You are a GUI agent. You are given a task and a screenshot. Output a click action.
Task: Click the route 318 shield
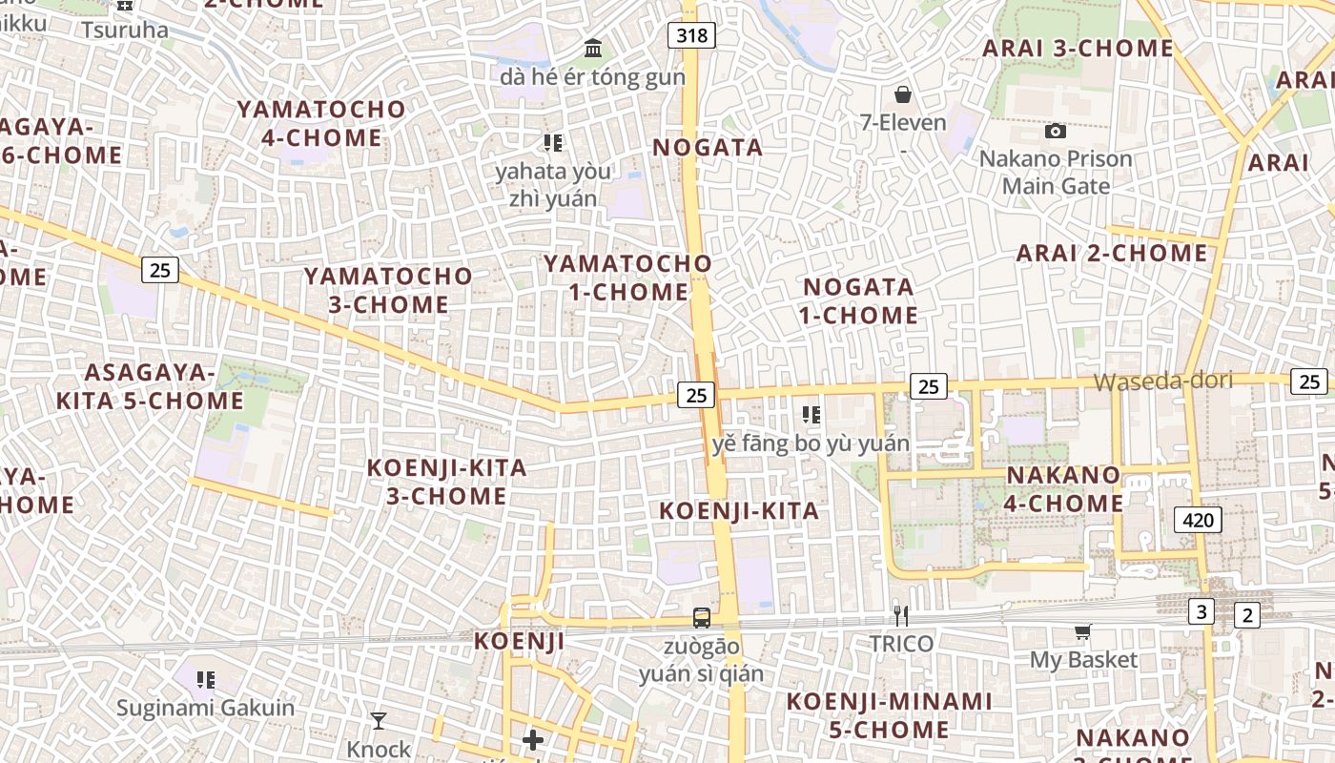tap(692, 36)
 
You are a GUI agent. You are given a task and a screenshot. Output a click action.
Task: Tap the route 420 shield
tap(1198, 520)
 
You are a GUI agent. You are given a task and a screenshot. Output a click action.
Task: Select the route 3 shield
tap(1201, 612)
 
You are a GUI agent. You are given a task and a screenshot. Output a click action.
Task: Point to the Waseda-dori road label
tap(1162, 381)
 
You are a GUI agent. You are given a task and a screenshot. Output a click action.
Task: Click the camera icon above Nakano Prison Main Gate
tap(1056, 131)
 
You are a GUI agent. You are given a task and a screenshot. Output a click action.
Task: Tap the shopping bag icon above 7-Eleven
tap(902, 94)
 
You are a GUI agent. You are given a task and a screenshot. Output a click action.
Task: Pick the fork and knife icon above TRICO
tap(898, 616)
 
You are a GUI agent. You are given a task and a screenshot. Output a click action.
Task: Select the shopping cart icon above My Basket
tap(1082, 631)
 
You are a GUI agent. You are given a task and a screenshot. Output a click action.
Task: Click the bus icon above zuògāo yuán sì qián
tap(702, 618)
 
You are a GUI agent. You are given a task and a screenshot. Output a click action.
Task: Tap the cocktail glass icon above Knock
tap(379, 721)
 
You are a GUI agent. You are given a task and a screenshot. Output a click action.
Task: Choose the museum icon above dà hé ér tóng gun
tap(593, 48)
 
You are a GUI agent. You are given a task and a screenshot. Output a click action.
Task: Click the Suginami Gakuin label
tap(205, 709)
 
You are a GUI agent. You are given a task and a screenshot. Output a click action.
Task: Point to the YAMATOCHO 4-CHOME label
tap(321, 123)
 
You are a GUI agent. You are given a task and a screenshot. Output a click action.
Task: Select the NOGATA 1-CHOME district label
tap(860, 300)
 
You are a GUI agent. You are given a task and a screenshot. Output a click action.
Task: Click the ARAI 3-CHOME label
tap(1078, 48)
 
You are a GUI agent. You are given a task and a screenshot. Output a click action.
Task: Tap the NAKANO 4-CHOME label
tap(1064, 488)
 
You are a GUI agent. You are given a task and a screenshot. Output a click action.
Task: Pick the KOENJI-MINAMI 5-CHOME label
tap(889, 715)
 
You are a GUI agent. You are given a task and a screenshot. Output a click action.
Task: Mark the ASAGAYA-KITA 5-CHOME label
tap(150, 386)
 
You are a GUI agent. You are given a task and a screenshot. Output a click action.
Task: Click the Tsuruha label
tap(124, 30)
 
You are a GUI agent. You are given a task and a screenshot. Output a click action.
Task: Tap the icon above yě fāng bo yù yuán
tap(811, 415)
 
